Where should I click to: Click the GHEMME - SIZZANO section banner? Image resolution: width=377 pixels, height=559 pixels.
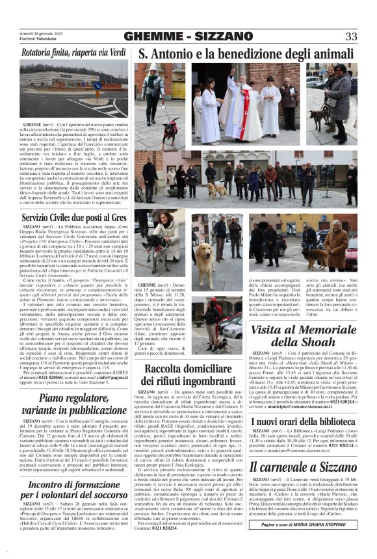click(188, 36)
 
